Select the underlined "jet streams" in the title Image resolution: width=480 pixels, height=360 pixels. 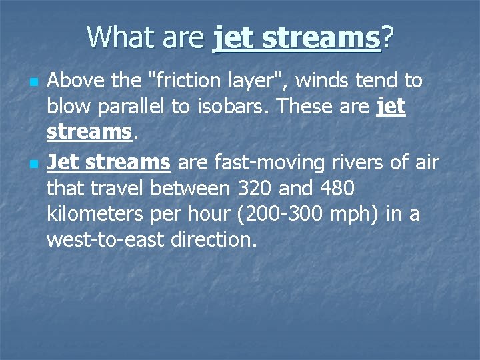[x=296, y=38]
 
